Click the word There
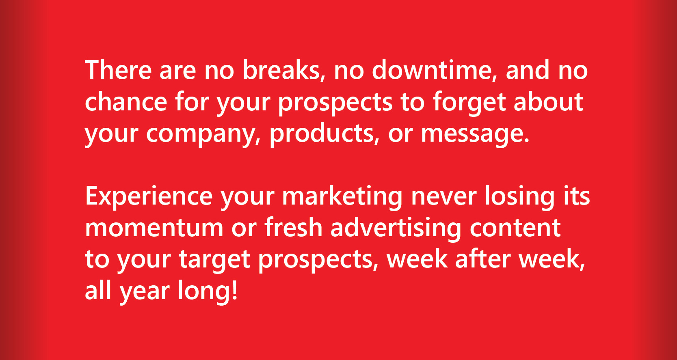pos(118,70)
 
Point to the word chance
pos(126,101)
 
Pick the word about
pos(548,101)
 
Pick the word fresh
pos(293,227)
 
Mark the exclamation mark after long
pos(234,290)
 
